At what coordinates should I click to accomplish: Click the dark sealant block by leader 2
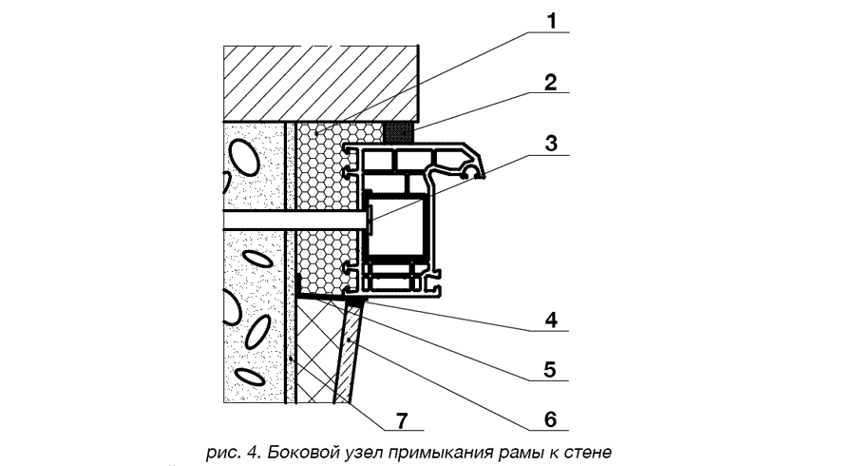coord(398,128)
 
